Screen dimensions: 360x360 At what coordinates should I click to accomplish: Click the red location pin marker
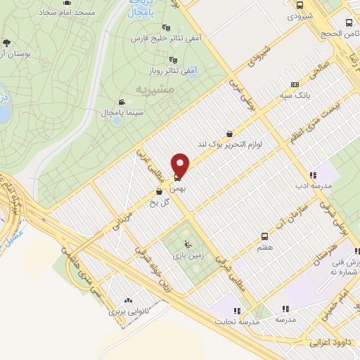pyautogui.click(x=181, y=165)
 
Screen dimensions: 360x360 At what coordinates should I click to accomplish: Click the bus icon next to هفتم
pyautogui.click(x=264, y=236)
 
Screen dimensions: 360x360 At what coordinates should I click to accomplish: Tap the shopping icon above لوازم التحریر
pyautogui.click(x=229, y=134)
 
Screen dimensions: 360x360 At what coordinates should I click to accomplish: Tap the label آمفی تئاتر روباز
pyautogui.click(x=172, y=71)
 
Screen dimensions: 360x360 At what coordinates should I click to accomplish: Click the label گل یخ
pyautogui.click(x=161, y=202)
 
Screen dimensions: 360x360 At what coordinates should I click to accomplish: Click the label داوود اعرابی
pyautogui.click(x=329, y=345)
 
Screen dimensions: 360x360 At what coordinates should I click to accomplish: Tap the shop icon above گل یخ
pyautogui.click(x=160, y=191)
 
